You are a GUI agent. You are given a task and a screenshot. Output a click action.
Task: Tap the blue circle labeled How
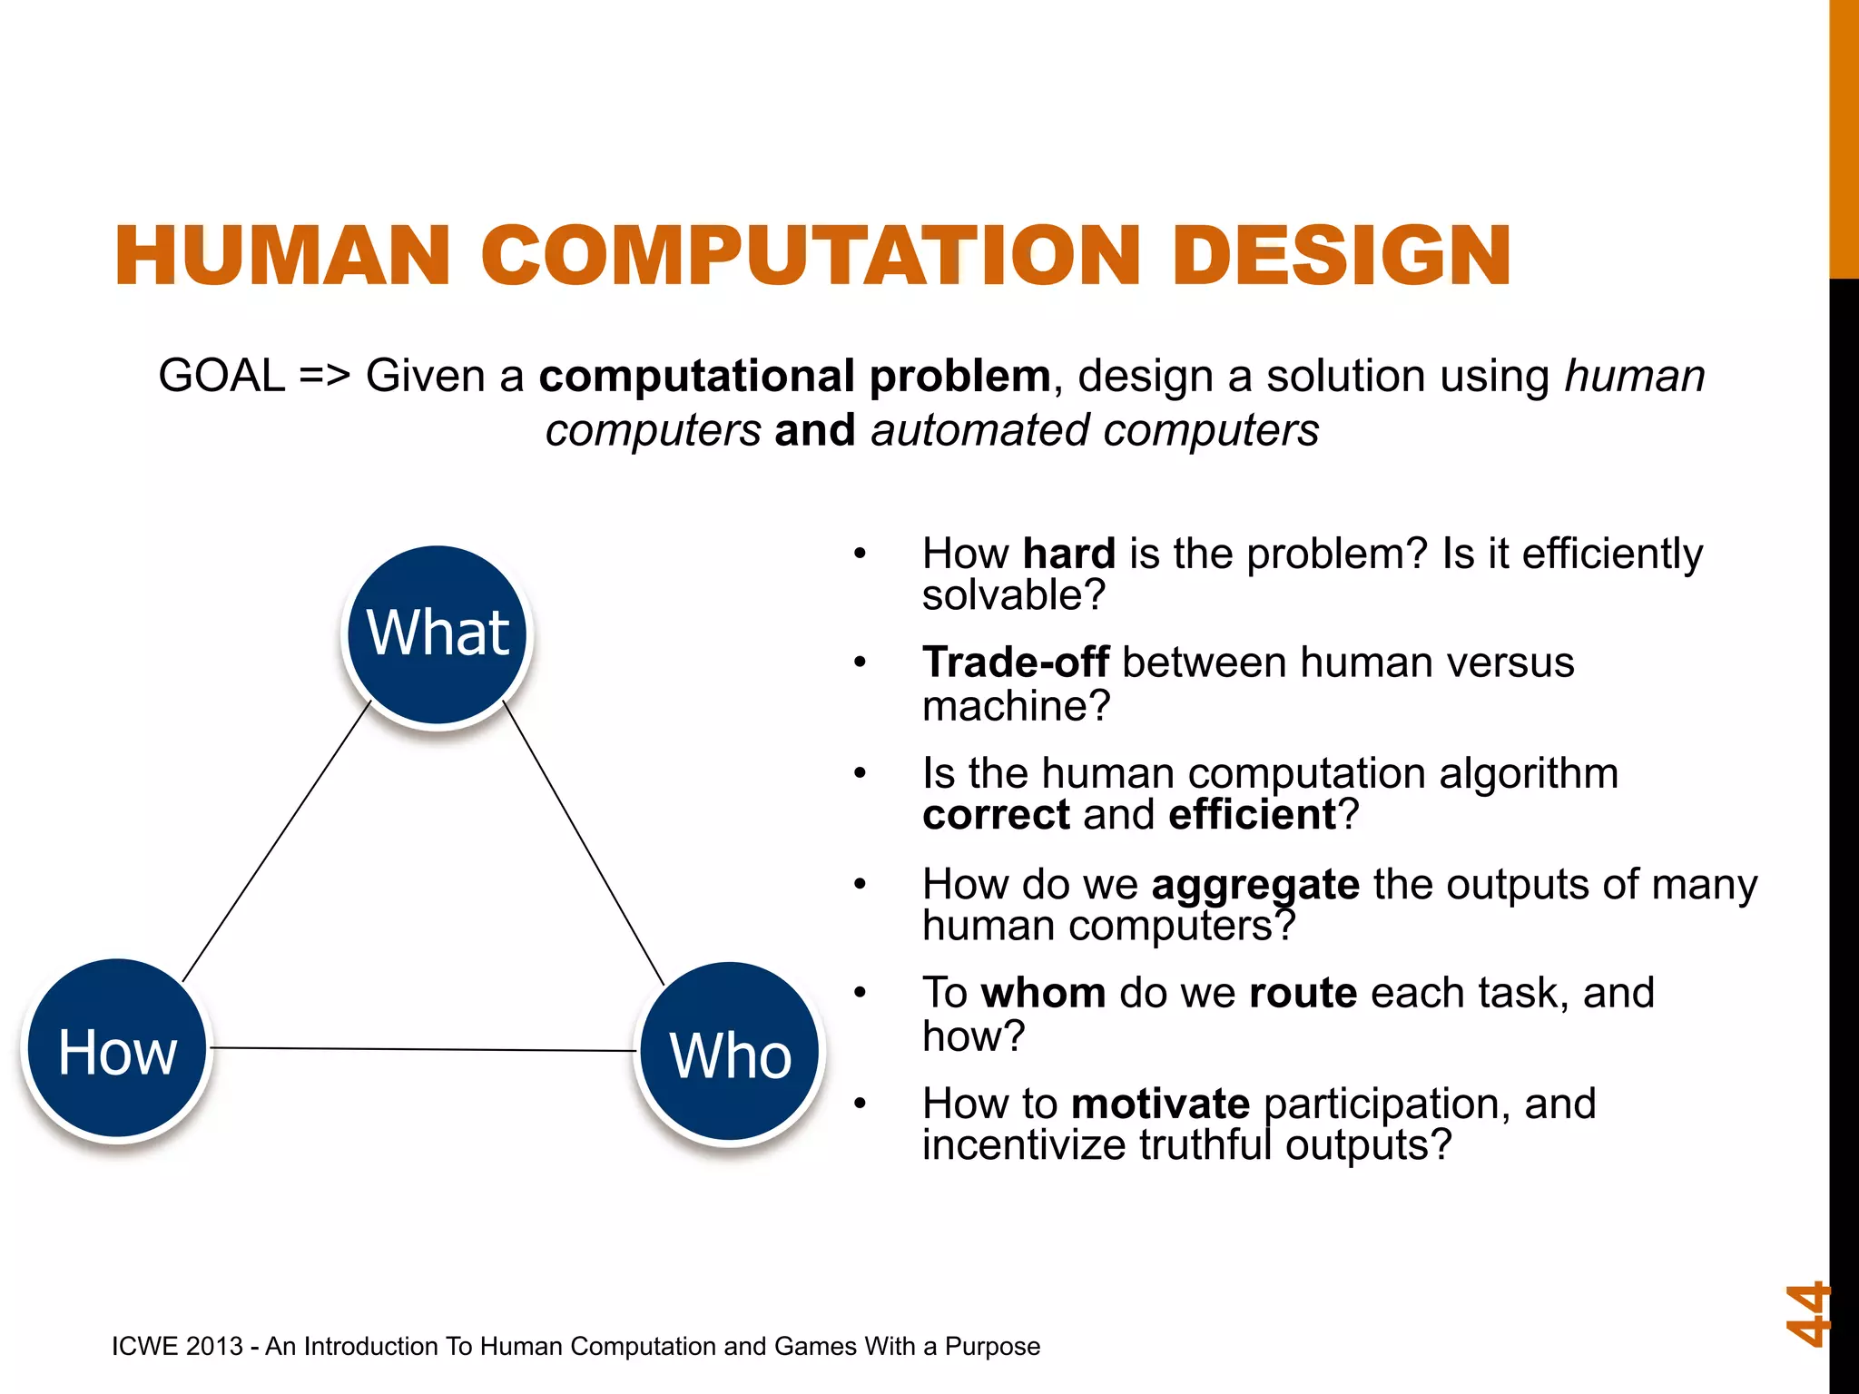tap(117, 1050)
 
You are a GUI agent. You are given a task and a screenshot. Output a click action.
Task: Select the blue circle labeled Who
tap(730, 1054)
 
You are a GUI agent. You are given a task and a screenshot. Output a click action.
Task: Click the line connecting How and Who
tap(423, 1050)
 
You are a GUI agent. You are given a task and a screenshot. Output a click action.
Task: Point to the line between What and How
tap(277, 840)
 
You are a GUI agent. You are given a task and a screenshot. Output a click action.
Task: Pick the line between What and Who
tap(584, 842)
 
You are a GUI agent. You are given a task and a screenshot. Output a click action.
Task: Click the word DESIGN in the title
tap(1341, 256)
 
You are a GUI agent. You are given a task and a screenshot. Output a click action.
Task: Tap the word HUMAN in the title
tap(282, 256)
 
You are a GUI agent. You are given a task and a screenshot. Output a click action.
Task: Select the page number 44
tap(1806, 1313)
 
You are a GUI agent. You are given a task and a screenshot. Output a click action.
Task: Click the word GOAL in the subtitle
tap(221, 376)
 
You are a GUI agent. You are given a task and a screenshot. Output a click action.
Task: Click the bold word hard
tap(1068, 554)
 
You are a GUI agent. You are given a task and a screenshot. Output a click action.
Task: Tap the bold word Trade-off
tap(1015, 663)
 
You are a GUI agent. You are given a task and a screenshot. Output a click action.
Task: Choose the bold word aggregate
tap(1254, 885)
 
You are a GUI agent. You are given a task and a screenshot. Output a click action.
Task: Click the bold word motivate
tap(1160, 1104)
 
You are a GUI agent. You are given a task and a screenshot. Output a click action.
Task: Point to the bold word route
tap(1303, 993)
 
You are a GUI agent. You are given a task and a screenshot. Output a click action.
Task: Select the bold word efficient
tap(1252, 814)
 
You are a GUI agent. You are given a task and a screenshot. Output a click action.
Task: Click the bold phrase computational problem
tap(794, 376)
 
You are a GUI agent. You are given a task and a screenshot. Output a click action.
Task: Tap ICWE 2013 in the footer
tap(177, 1346)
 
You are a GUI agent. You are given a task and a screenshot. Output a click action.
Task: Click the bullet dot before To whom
tap(860, 993)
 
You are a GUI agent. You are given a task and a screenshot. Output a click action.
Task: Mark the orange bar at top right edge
tap(1844, 136)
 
